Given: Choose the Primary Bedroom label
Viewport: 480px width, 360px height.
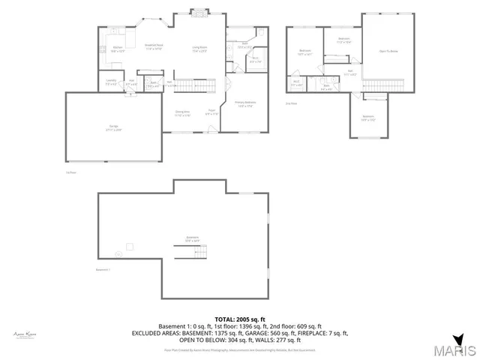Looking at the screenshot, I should pos(245,104).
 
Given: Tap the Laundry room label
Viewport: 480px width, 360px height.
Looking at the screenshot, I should pos(111,81).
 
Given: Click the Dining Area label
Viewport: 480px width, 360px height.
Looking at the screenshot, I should pos(182,114).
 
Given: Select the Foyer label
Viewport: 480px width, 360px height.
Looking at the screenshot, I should pos(212,112).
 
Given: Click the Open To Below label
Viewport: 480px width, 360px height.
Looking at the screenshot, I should pos(388,51).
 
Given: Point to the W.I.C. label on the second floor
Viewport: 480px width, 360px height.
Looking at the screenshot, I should pos(296,82).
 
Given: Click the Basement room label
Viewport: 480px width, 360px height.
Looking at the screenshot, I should pos(193,238).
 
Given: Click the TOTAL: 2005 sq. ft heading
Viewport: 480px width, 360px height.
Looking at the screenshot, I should pos(239,319).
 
